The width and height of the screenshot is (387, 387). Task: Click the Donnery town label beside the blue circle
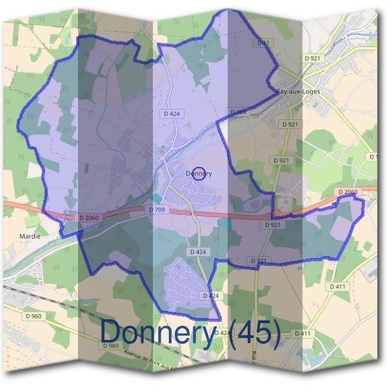pyautogui.click(x=199, y=174)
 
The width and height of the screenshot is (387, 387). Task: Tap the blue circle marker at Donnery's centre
pyautogui.click(x=199, y=174)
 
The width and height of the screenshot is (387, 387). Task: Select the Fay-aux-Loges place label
pyautogui.click(x=297, y=92)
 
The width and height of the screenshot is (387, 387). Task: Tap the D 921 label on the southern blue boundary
pyautogui.click(x=257, y=260)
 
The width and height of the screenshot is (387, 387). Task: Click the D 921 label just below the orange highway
pyautogui.click(x=272, y=225)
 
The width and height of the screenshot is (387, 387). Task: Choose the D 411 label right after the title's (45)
pyautogui.click(x=303, y=333)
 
